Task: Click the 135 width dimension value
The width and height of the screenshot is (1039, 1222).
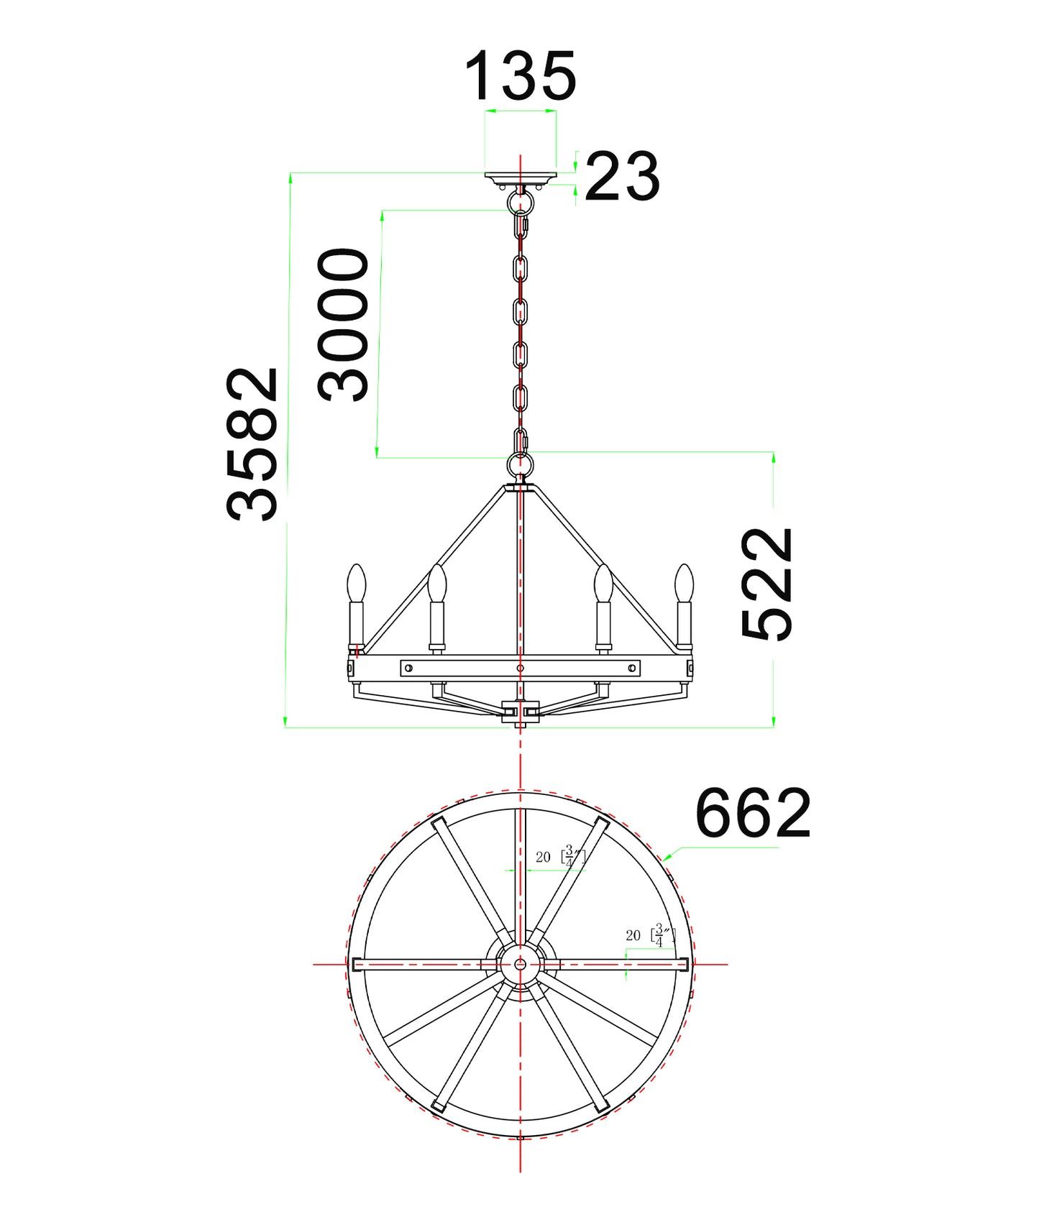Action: pos(520,76)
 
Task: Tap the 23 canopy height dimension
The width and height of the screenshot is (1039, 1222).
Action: pos(622,176)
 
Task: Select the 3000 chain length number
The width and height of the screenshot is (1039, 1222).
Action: pos(344,324)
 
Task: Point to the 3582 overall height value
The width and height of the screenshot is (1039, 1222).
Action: pos(252,444)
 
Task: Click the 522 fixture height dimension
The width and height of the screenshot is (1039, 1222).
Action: pos(767,584)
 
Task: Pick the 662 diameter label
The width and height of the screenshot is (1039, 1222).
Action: pos(753,813)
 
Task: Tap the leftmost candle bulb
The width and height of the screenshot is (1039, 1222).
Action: pos(357,583)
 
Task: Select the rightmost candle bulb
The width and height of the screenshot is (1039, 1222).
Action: pos(684,583)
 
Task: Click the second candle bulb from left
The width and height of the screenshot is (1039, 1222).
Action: pos(436,583)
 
